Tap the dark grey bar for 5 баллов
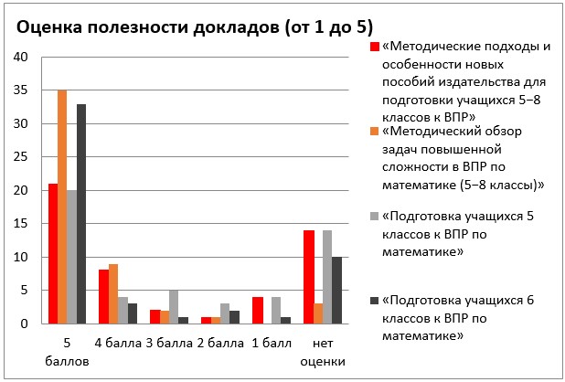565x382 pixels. click(81, 214)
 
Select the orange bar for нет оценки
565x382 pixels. click(316, 313)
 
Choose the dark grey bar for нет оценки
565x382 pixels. click(336, 291)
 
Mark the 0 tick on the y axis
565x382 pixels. click(26, 324)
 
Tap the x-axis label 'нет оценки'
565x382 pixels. click(323, 352)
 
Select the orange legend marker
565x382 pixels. click(373, 132)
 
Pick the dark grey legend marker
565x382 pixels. click(373, 301)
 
